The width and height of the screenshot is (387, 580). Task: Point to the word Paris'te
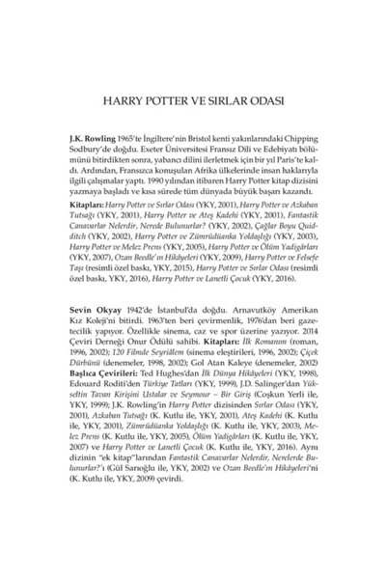click(282, 151)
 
